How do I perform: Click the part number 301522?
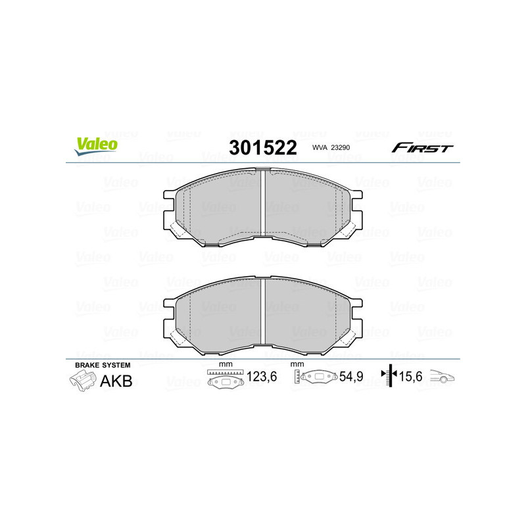tap(263, 148)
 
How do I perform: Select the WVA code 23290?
tap(335, 149)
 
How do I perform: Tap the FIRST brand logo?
tap(422, 148)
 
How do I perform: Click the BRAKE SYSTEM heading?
tap(103, 364)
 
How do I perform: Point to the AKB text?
tap(115, 381)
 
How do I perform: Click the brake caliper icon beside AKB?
tap(82, 381)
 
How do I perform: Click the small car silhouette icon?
tap(442, 377)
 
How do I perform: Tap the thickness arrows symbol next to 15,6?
tap(390, 376)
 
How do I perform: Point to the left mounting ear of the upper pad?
tap(169, 205)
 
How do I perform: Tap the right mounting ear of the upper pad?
tap(357, 205)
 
